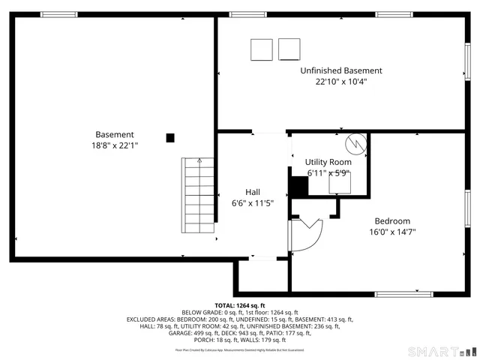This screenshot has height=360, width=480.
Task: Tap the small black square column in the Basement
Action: pos(170,137)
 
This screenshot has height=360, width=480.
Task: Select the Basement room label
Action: pos(115,134)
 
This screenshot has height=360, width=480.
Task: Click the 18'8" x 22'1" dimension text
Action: pos(115,145)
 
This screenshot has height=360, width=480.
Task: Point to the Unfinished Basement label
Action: pos(340,70)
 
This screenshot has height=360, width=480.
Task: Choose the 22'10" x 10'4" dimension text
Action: pos(340,82)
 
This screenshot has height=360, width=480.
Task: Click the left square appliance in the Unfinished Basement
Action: pos(262,49)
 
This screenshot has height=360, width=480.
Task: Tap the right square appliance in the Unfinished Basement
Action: pos(289,49)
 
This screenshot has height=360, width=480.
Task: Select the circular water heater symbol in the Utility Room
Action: pos(354,143)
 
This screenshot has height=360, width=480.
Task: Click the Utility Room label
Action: pos(328,162)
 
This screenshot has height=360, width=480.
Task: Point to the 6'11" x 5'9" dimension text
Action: pos(328,172)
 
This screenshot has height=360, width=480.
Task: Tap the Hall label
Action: pos(253,192)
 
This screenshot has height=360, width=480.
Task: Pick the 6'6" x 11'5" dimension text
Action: pos(253,202)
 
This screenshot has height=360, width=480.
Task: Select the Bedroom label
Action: pos(392,220)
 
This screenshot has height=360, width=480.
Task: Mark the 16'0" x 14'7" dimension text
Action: pos(392,232)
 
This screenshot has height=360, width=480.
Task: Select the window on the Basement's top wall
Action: pos(58,14)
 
